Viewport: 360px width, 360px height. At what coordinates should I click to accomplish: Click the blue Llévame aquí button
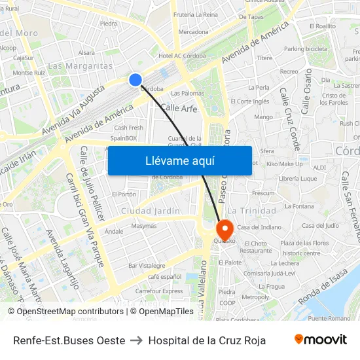179,160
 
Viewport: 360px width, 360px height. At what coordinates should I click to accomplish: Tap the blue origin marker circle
135,80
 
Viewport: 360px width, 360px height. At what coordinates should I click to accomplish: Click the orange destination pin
225,230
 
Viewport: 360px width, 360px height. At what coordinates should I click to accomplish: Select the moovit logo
320,340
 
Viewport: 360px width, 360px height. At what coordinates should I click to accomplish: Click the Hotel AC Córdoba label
183,56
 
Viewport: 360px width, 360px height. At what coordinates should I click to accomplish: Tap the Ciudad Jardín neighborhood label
150,211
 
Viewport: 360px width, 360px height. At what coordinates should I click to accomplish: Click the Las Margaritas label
81,66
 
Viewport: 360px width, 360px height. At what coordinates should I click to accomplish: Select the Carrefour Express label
159,291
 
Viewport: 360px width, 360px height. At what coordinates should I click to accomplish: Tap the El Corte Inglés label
250,101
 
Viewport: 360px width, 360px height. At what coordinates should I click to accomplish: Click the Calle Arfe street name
178,108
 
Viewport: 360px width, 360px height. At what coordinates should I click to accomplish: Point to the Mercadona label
193,31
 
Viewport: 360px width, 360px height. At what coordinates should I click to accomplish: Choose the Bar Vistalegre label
147,266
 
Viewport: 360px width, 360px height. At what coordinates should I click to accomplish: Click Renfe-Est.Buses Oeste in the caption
69,340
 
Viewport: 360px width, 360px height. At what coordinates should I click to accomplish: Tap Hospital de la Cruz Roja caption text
207,340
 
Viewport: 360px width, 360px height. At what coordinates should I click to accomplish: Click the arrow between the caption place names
137,340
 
